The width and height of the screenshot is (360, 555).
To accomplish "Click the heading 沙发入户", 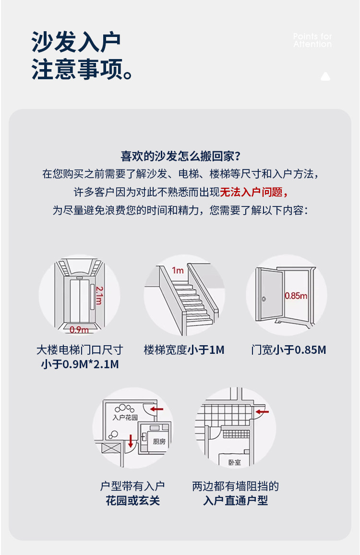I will pyautogui.click(x=76, y=42).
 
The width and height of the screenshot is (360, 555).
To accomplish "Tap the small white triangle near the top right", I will pyautogui.click(x=325, y=76).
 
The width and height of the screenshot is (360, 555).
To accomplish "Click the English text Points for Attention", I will pyautogui.click(x=312, y=40).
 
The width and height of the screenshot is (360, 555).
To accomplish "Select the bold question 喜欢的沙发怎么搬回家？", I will pyautogui.click(x=180, y=156).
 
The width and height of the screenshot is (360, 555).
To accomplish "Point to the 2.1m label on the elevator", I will pyautogui.click(x=98, y=295).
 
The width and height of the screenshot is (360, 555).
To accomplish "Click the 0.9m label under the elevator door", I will pyautogui.click(x=79, y=329).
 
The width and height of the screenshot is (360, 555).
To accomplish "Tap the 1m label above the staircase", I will pyautogui.click(x=178, y=270).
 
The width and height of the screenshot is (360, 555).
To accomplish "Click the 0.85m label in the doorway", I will pyautogui.click(x=296, y=296).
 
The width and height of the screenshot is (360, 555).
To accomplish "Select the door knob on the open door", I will pyautogui.click(x=264, y=300).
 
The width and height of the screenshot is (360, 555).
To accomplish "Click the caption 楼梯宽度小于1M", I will pyautogui.click(x=184, y=350).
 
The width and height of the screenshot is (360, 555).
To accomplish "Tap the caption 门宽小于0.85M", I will pyautogui.click(x=288, y=350).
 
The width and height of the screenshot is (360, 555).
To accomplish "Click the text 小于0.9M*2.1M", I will pyautogui.click(x=80, y=364).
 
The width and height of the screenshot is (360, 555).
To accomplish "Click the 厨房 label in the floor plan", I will pyautogui.click(x=159, y=441).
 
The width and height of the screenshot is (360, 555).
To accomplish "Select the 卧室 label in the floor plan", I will pyautogui.click(x=235, y=462).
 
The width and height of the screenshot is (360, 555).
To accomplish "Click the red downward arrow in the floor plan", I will pyautogui.click(x=131, y=440).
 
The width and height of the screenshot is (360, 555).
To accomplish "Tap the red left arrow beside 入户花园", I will pyautogui.click(x=156, y=409).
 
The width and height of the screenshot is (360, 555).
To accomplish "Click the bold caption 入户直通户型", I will pyautogui.click(x=235, y=501).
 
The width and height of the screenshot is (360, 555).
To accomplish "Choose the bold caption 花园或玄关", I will pyautogui.click(x=132, y=501).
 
